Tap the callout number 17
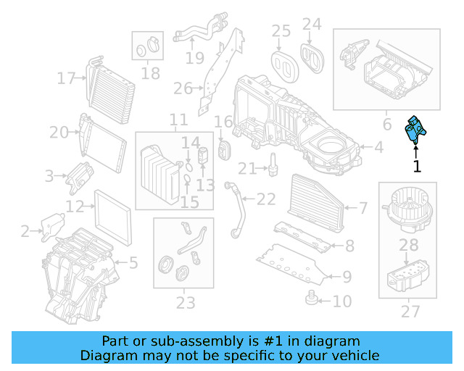click(x=67, y=78)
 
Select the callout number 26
click(x=183, y=89)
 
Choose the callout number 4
click(x=378, y=149)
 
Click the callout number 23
click(x=186, y=301)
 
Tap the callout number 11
click(x=178, y=120)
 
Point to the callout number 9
click(x=347, y=276)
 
